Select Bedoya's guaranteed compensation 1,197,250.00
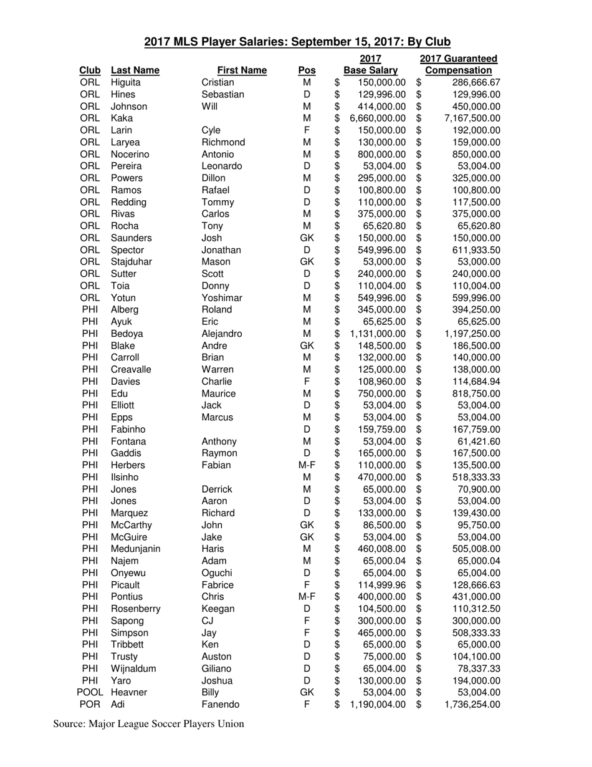tap(472, 334)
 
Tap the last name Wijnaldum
tap(133, 668)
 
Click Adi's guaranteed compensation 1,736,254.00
tap(472, 705)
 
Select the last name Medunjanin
tap(135, 549)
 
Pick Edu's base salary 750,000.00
tap(381, 393)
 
